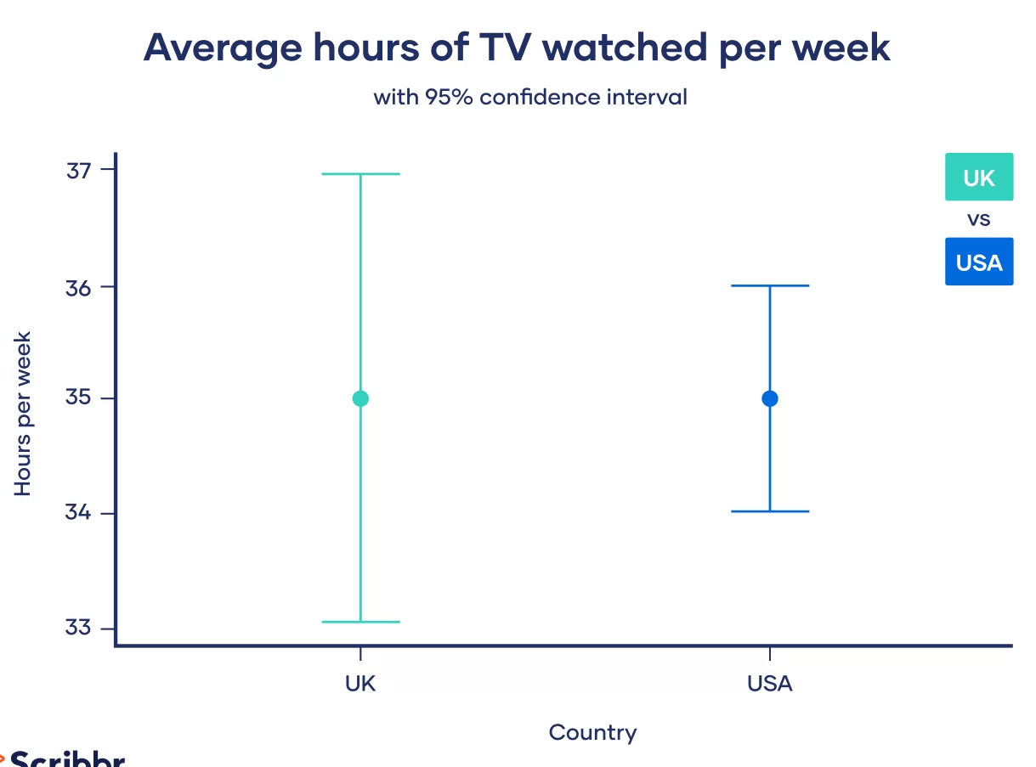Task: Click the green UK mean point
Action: tap(360, 398)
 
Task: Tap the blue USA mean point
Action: tap(770, 398)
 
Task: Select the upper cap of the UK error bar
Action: tap(360, 174)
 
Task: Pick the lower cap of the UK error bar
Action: tap(360, 622)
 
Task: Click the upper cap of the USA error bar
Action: tap(770, 286)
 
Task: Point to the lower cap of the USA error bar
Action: tap(770, 511)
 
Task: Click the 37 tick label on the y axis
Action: tap(78, 170)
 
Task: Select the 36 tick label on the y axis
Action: tap(78, 286)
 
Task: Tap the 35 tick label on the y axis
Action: tap(78, 398)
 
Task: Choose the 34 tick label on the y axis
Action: tap(78, 513)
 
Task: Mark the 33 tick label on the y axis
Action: tap(78, 628)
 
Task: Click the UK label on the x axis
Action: tap(360, 684)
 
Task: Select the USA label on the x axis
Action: tap(770, 684)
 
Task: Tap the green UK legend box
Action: tap(979, 178)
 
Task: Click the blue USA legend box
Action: tap(979, 262)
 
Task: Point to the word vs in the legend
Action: tap(979, 220)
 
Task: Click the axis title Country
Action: tap(592, 733)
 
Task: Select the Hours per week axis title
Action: tap(23, 414)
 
